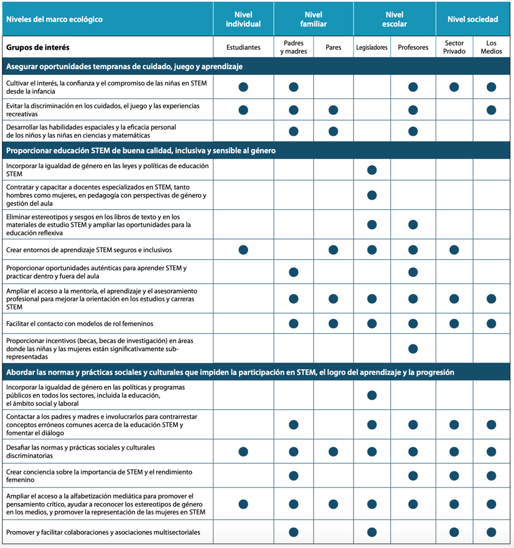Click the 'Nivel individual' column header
click(243, 19)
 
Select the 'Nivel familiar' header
click(314, 19)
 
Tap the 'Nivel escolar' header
click(395, 19)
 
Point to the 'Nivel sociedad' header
click(473, 19)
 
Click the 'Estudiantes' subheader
click(243, 47)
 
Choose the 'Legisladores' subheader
click(372, 47)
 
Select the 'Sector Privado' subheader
click(454, 47)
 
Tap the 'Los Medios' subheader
click(492, 47)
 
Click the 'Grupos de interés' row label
click(38, 47)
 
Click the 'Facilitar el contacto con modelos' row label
click(80, 324)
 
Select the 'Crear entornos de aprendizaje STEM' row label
click(88, 250)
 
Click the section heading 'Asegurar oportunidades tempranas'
click(124, 67)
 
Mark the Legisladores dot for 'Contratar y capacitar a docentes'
click(372, 196)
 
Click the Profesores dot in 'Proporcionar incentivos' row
click(413, 349)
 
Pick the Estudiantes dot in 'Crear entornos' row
click(243, 250)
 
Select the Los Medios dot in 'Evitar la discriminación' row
click(492, 110)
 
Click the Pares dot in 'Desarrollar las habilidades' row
click(334, 131)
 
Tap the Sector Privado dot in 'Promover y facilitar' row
click(454, 532)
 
